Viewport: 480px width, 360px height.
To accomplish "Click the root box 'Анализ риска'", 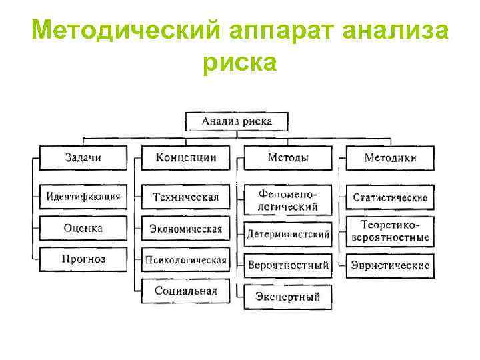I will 237,122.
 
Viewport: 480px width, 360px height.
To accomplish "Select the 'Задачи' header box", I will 84,158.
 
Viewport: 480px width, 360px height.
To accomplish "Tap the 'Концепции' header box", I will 185,158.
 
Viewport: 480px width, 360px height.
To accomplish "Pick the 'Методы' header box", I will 288,158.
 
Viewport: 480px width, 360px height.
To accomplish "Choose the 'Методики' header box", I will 390,158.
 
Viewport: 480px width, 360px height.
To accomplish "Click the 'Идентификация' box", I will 84,197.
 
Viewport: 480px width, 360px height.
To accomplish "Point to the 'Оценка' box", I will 84,228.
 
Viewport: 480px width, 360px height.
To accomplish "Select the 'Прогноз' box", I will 84,259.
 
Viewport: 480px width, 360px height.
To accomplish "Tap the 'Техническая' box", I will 185,197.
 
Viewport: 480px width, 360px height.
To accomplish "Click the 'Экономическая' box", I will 185,229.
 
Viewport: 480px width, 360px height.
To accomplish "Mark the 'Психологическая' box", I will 185,260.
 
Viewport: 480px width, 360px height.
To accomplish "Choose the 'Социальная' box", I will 185,291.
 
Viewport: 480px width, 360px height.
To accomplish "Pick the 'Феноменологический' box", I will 288,201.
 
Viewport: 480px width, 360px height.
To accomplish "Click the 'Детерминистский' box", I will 288,235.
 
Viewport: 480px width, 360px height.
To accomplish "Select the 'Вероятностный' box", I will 288,265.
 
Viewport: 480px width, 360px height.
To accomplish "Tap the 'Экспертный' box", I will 288,297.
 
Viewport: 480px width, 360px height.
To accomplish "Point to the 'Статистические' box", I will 390,198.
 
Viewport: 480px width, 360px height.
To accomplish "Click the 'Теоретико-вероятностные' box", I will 390,231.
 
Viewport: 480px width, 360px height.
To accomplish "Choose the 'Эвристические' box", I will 390,265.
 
